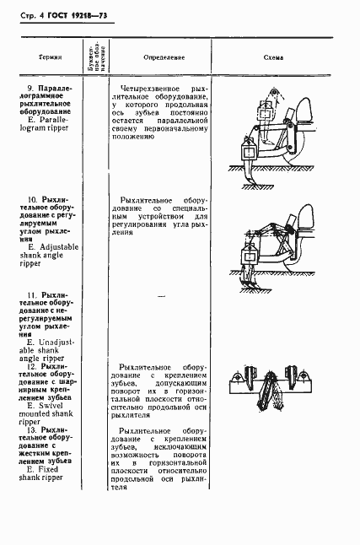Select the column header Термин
(x=48, y=59)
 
